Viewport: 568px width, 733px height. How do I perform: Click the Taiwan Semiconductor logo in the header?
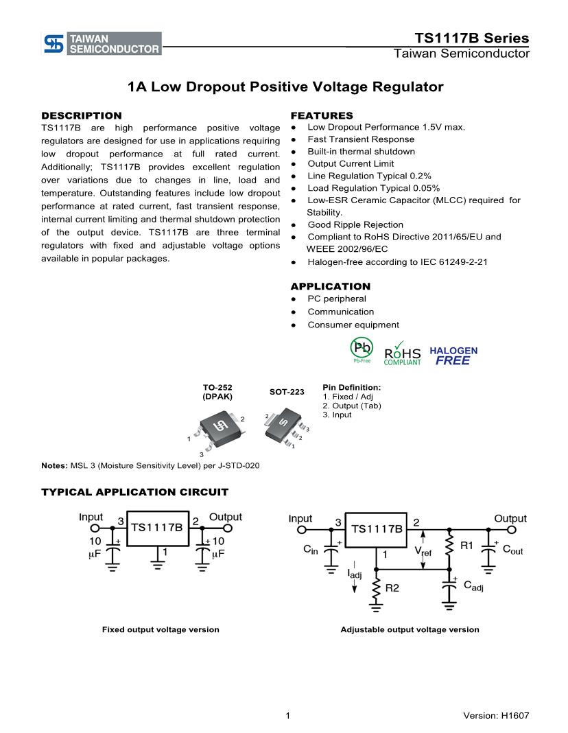coord(102,43)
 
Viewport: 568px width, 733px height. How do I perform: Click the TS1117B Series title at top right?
coord(472,38)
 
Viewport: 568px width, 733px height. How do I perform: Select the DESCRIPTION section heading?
coord(82,115)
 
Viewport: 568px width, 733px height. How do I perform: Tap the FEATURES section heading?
coord(322,115)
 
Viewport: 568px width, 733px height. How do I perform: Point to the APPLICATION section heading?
coord(330,286)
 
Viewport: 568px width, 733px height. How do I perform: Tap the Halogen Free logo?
coord(453,355)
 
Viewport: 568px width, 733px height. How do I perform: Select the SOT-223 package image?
coord(283,428)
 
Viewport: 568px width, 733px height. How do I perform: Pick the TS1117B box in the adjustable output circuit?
coord(377,529)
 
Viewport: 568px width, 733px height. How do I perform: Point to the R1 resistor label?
coord(466,546)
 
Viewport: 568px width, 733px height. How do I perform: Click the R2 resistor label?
coord(392,588)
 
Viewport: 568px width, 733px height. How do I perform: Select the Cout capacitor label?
coord(512,550)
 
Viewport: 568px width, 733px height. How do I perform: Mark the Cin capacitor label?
coord(311,550)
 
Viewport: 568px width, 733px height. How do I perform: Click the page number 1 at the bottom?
coord(288,716)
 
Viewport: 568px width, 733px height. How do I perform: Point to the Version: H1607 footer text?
coord(496,716)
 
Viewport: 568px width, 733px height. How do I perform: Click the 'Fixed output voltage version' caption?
coord(161,629)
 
